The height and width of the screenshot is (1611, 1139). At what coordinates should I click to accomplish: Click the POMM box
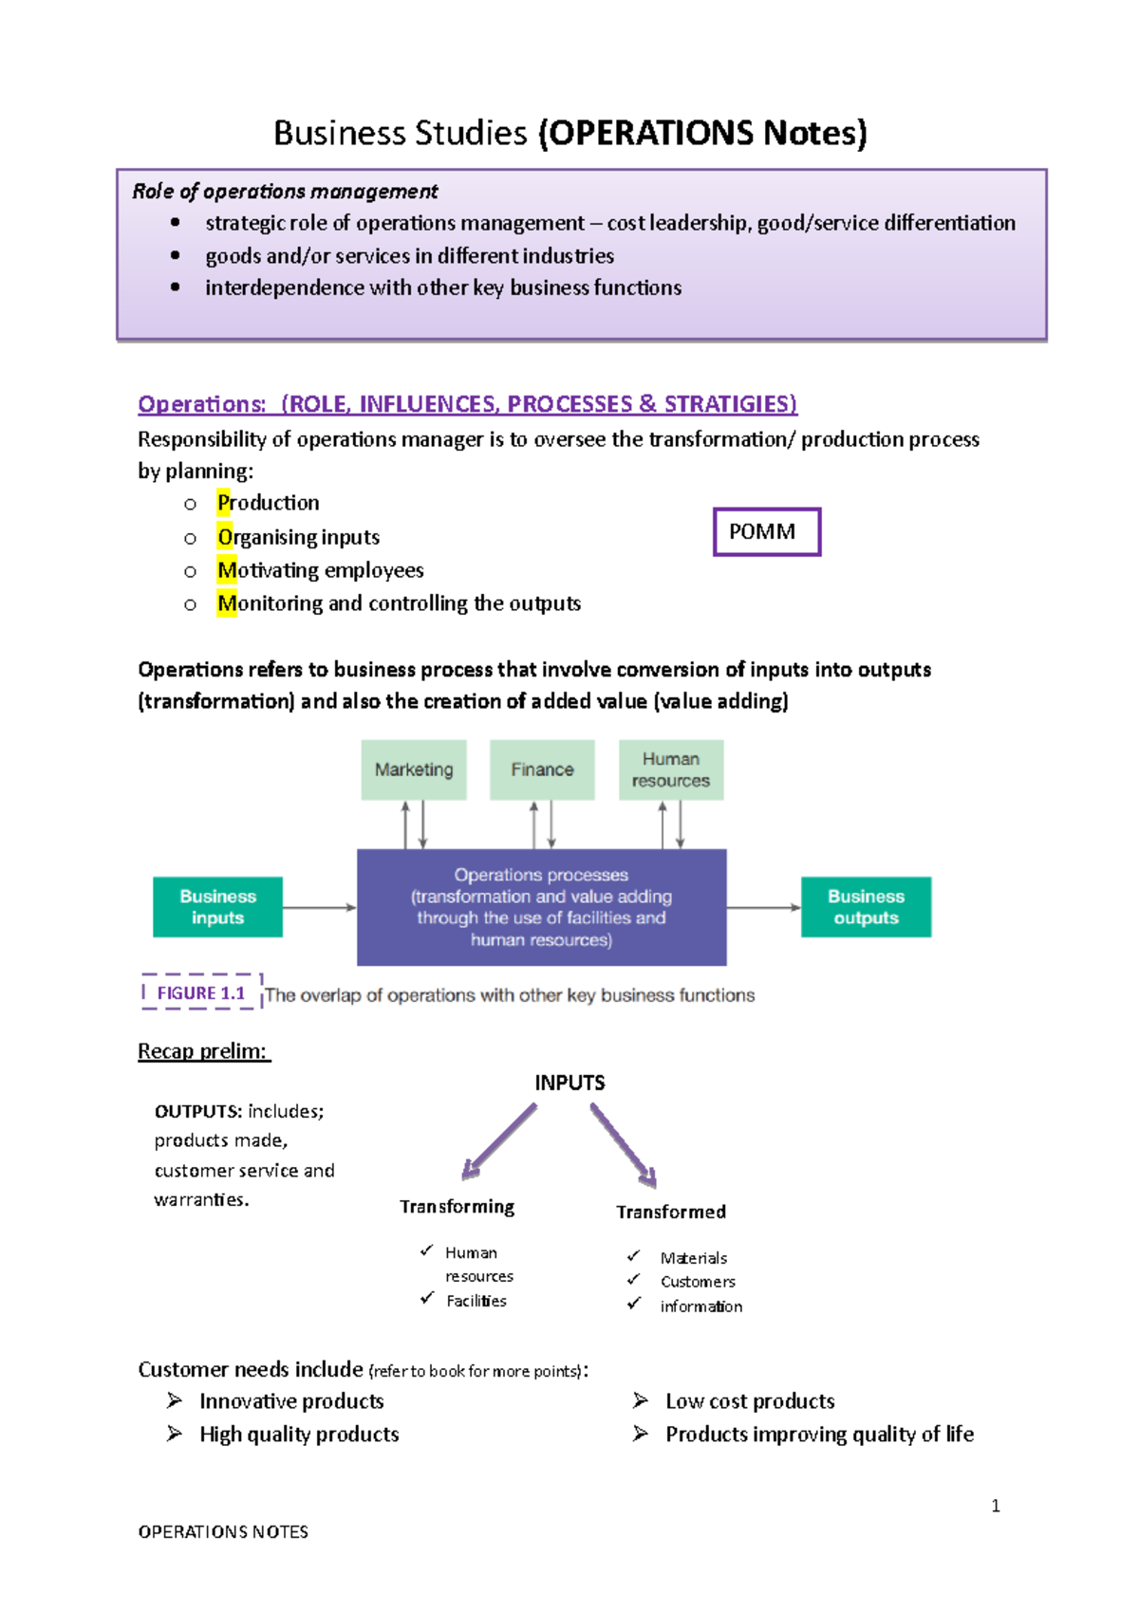(766, 532)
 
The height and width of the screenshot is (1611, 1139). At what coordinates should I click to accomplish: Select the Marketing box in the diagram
(414, 770)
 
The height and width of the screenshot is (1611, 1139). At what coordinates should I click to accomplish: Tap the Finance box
(542, 770)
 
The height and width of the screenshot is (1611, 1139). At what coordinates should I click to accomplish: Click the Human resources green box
(671, 770)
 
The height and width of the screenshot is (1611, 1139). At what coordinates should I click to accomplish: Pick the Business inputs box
(217, 907)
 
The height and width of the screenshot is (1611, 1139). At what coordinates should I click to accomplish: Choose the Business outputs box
(866, 907)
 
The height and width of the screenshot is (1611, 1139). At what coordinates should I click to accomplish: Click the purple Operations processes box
(541, 907)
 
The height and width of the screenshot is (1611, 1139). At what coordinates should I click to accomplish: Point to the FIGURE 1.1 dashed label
(200, 992)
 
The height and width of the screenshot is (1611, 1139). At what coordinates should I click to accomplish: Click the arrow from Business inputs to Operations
(319, 908)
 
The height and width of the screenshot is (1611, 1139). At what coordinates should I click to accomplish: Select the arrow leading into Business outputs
(763, 908)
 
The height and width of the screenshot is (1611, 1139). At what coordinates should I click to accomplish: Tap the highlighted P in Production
(224, 503)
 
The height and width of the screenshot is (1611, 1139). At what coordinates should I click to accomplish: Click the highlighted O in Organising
(225, 537)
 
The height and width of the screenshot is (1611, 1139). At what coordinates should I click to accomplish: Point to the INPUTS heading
(569, 1083)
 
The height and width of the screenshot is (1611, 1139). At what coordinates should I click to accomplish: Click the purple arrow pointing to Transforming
(499, 1141)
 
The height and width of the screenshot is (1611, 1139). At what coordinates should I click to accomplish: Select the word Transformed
(671, 1212)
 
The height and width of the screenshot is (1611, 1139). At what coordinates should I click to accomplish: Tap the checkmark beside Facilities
(427, 1298)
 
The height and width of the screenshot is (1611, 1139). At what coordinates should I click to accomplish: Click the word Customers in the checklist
(698, 1282)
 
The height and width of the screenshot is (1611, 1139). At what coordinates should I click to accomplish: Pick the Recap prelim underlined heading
(204, 1051)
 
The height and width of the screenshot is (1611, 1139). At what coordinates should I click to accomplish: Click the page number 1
(995, 1506)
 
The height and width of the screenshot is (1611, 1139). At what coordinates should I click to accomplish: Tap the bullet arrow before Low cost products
(641, 1400)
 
